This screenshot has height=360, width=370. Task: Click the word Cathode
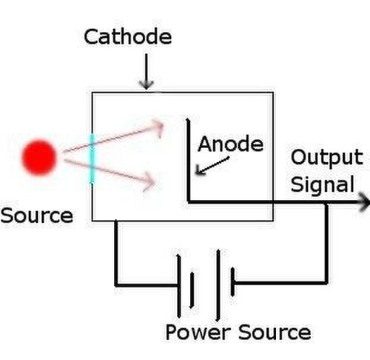coord(128,36)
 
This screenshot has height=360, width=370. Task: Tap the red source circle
coord(39,157)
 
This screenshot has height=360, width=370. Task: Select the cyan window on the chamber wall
coord(92,159)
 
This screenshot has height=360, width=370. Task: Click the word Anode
coord(231,144)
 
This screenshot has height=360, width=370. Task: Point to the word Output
coord(326,158)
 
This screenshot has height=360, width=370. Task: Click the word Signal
coord(323,184)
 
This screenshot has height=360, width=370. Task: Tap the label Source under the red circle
coord(37,216)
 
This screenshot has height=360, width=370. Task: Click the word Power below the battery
coord(198,333)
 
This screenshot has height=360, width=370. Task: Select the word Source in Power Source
coord(275,333)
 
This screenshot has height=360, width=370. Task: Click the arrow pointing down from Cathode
coord(147,72)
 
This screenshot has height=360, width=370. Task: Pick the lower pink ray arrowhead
coord(150,181)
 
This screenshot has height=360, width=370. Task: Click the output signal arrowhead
coord(364,202)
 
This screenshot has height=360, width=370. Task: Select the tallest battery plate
coord(218,285)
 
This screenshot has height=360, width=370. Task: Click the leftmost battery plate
coord(179,286)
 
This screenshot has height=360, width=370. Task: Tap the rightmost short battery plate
coord(232,281)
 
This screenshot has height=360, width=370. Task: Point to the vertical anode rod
coord(189,160)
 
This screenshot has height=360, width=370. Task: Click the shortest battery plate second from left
coord(192,290)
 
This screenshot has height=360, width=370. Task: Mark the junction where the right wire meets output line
coord(326,202)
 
